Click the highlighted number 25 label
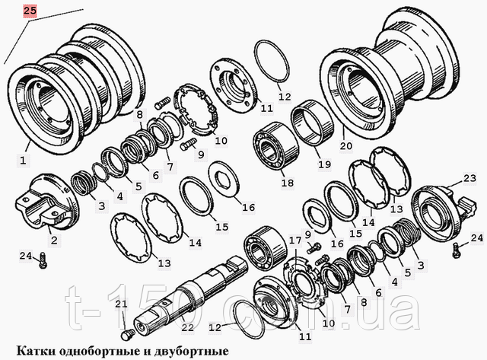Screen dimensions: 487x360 click(x=30, y=11)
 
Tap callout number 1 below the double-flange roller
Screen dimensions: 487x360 click(x=24, y=161)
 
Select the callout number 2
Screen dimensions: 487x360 click(x=54, y=240)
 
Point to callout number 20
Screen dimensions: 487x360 click(x=346, y=145)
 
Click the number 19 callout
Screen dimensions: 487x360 click(x=324, y=164)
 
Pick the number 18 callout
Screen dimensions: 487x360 click(x=287, y=183)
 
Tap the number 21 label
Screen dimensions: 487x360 click(x=121, y=304)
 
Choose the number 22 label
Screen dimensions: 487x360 click(x=187, y=327)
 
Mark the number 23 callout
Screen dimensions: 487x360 click(x=469, y=178)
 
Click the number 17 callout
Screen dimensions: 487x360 click(x=295, y=240)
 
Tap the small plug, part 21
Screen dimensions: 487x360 click(x=127, y=336)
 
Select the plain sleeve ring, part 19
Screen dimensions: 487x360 click(x=312, y=122)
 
